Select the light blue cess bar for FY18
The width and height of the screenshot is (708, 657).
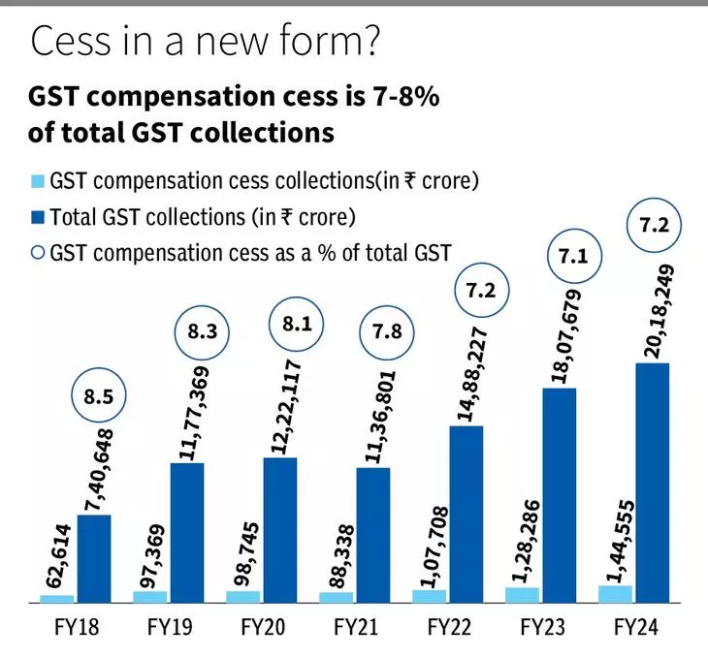point(56,597)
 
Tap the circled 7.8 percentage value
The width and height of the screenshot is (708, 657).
point(386,330)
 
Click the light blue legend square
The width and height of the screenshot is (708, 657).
point(37,181)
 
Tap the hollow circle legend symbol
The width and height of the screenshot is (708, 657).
point(37,253)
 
